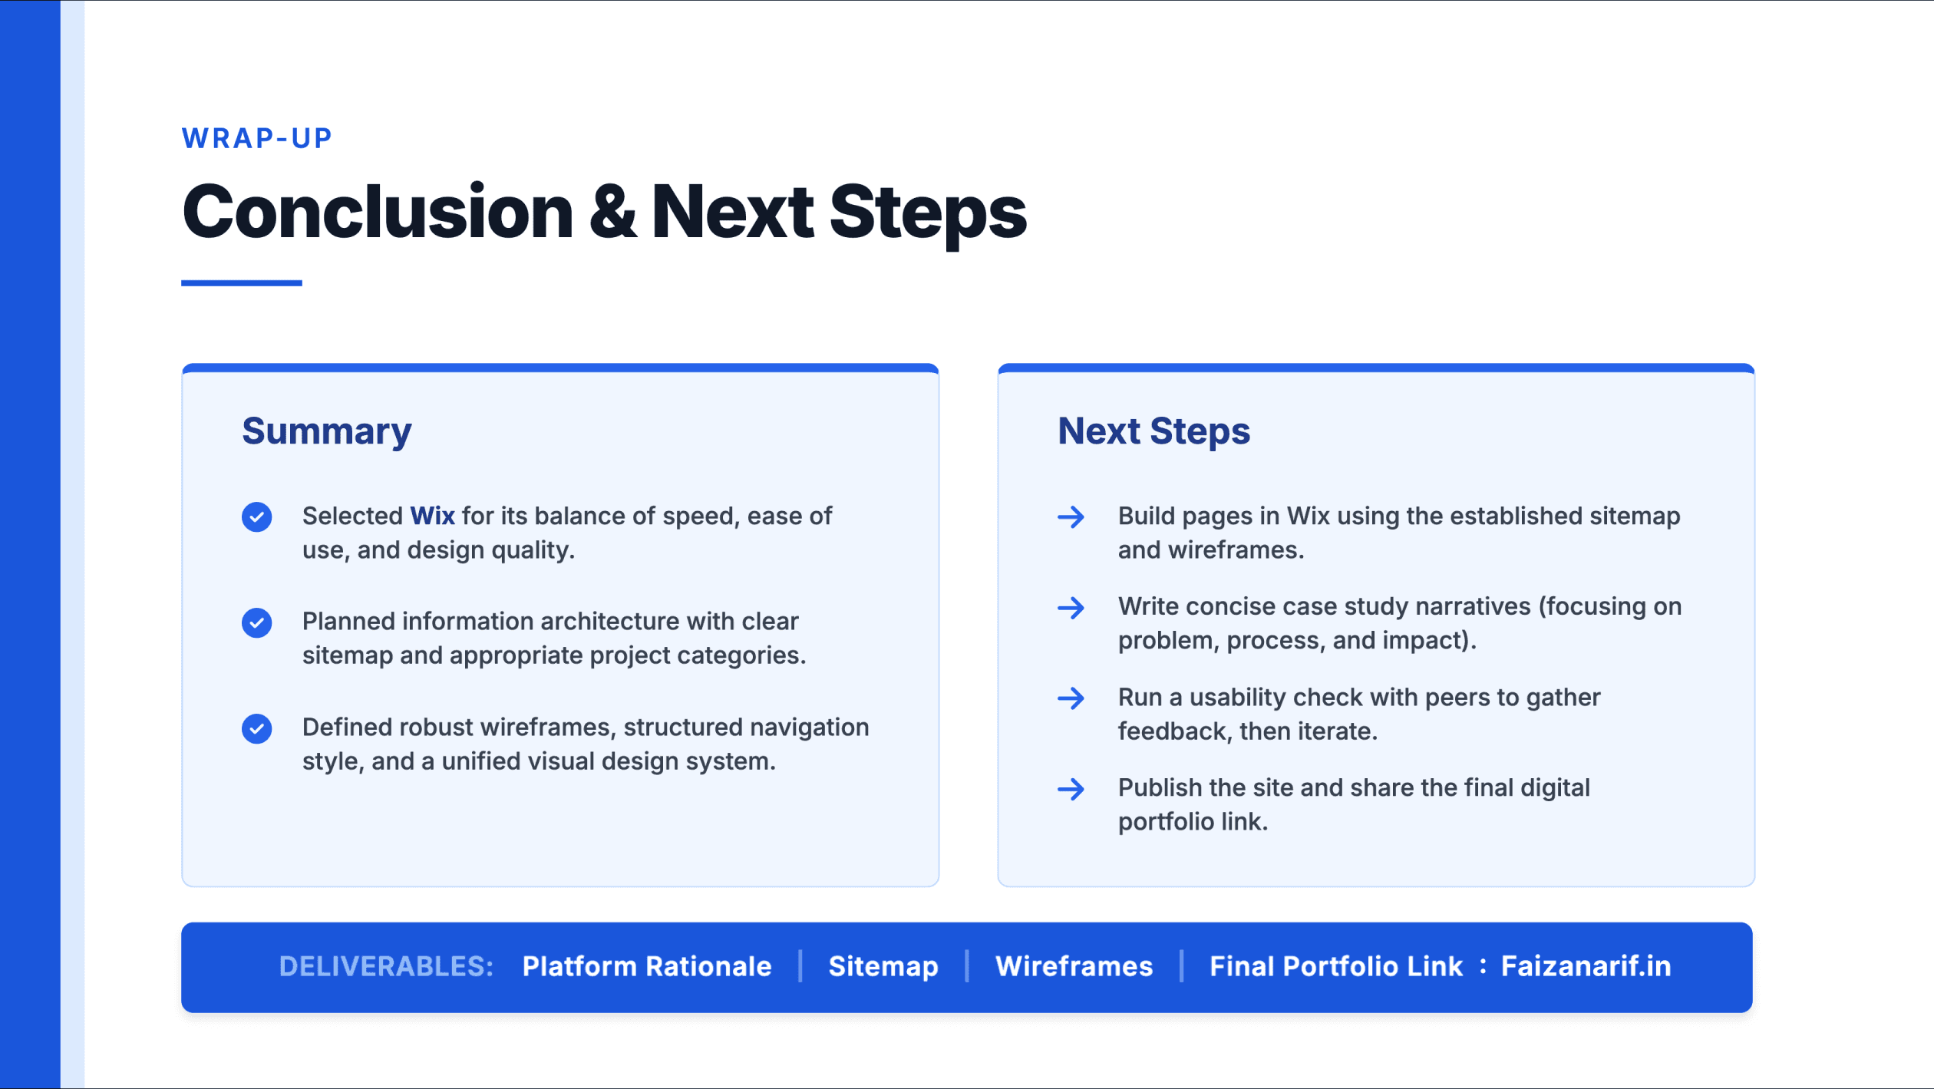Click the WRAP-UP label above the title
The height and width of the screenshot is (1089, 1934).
tap(257, 138)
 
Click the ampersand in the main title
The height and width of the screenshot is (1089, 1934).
tap(612, 212)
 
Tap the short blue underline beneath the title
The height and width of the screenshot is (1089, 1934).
tap(242, 283)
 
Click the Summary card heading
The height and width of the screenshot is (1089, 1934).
tap(327, 431)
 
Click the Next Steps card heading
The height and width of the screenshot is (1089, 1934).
tap(1153, 431)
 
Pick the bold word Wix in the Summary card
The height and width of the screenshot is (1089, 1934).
tap(432, 516)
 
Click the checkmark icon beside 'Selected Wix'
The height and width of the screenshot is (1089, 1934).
tap(256, 517)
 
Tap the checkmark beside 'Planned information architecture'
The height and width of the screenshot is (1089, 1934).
tap(256, 622)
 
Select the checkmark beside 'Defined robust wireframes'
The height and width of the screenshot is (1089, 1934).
tap(256, 728)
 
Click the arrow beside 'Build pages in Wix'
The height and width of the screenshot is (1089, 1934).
tap(1071, 517)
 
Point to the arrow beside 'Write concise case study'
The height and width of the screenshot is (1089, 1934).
tap(1071, 608)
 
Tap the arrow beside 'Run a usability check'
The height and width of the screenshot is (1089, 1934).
tap(1071, 698)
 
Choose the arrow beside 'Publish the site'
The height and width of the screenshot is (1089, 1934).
tap(1071, 789)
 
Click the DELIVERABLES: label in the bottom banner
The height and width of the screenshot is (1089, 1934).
tap(386, 966)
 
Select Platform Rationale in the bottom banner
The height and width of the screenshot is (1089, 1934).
tap(646, 966)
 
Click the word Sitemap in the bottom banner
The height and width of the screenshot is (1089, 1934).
tap(883, 967)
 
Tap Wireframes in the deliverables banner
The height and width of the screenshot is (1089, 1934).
tap(1074, 966)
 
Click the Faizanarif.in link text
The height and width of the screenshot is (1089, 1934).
tap(1586, 966)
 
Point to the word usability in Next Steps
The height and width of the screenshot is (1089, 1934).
tap(1237, 698)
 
